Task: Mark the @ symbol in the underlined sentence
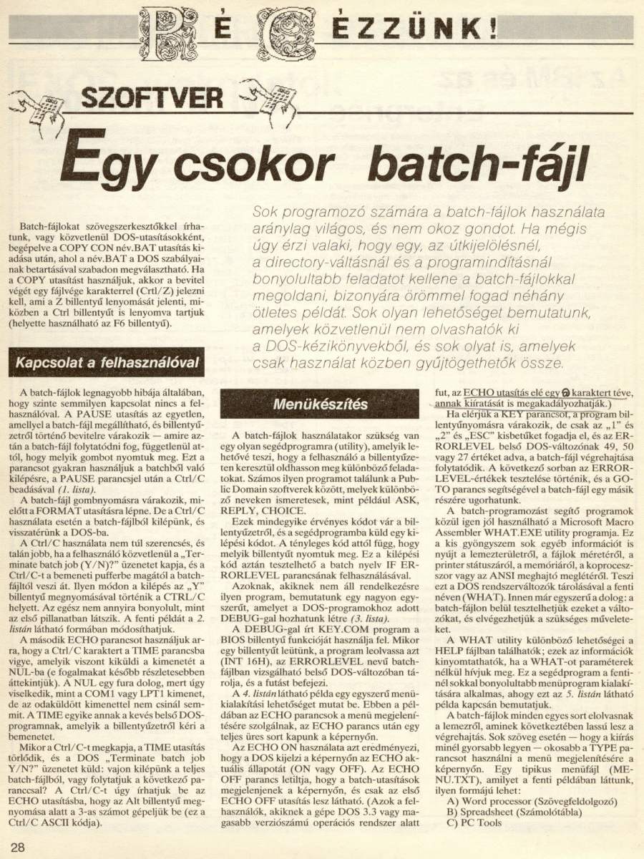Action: coord(564,393)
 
